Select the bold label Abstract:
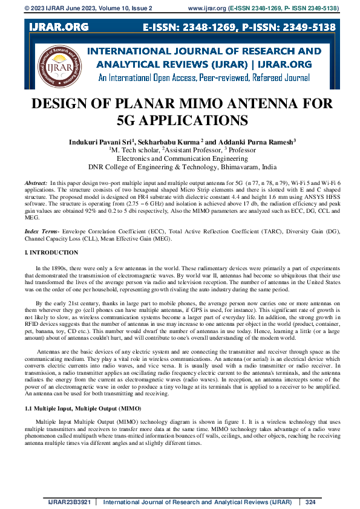(36, 182)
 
